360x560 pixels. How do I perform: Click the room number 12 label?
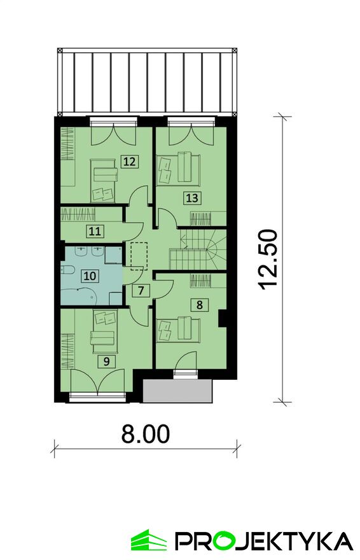coord(130,162)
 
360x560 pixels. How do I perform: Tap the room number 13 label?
coord(192,197)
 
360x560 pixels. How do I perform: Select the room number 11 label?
coord(95,232)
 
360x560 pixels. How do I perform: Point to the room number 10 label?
coord(90,276)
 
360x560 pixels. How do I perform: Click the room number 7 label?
coord(141,290)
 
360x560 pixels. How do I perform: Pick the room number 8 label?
coord(200,305)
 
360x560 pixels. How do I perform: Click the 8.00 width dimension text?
coord(146,433)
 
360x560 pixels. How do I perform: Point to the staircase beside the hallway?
coord(198,250)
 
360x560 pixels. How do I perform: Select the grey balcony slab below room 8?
coord(177,391)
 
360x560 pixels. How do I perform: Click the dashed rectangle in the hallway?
coord(139,256)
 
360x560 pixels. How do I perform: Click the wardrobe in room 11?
coord(78,214)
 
